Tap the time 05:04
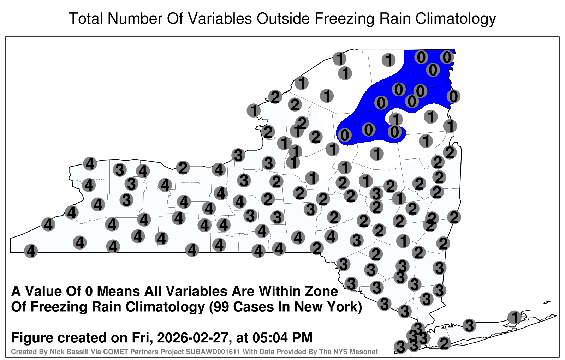[x=270, y=338]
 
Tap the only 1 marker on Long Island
[x=515, y=317]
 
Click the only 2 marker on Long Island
[x=444, y=343]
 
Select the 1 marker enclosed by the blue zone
[x=396, y=119]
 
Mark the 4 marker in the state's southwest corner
[x=31, y=251]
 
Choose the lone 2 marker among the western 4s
[x=183, y=168]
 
